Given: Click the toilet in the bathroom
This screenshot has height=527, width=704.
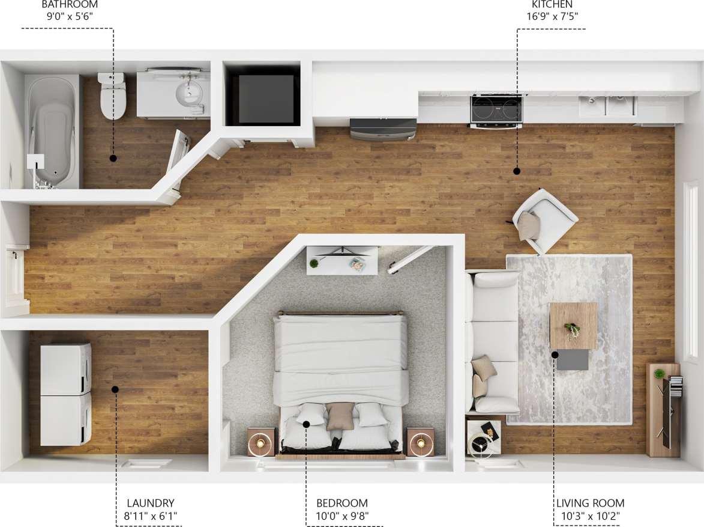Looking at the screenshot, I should pyautogui.click(x=112, y=96).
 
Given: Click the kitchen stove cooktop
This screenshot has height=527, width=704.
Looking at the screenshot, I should pyautogui.click(x=496, y=109).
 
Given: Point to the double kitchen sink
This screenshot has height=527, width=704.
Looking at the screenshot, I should pyautogui.click(x=607, y=106).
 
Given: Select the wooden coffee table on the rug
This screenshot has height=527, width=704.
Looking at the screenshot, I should pyautogui.click(x=573, y=325).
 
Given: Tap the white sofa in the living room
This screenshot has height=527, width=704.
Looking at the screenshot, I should pyautogui.click(x=493, y=342).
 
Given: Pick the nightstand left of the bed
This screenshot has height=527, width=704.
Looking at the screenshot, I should pyautogui.click(x=262, y=442).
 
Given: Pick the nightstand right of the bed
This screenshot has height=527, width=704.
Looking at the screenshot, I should pyautogui.click(x=420, y=442).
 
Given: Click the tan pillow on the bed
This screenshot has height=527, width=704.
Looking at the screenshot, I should pyautogui.click(x=340, y=416).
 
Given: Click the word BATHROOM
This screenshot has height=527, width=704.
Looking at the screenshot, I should pyautogui.click(x=70, y=4).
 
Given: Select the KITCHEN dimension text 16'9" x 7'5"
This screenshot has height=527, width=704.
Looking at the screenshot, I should pyautogui.click(x=552, y=16).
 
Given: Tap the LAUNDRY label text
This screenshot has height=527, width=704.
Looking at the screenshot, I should pyautogui.click(x=150, y=503).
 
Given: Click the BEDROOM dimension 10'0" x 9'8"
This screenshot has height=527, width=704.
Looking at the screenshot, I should pyautogui.click(x=342, y=516).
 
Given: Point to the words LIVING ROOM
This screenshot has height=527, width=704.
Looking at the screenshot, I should pyautogui.click(x=590, y=503).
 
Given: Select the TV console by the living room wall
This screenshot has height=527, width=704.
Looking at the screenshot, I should pyautogui.click(x=663, y=409).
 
